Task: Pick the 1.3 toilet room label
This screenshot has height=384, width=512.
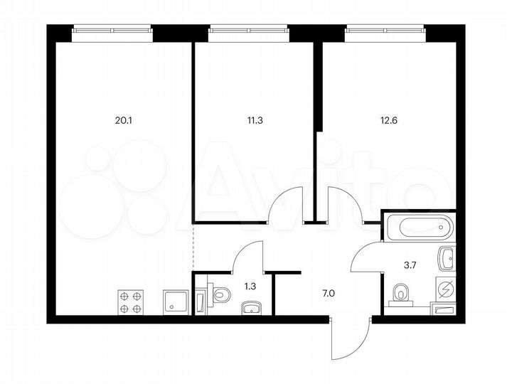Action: pos(250,286)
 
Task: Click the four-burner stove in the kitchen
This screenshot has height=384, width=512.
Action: pos(130,302)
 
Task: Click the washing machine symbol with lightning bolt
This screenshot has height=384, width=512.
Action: pos(445,289)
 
